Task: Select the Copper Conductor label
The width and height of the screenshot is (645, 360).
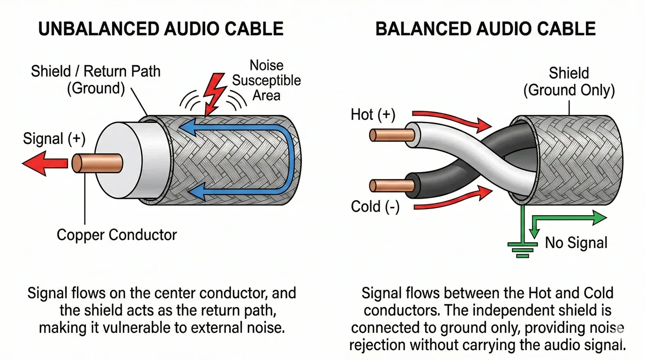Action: click(117, 234)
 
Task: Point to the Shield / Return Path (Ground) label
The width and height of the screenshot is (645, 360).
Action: click(96, 80)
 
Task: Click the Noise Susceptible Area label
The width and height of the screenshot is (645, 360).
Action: click(266, 80)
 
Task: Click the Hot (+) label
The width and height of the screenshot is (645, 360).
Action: click(374, 114)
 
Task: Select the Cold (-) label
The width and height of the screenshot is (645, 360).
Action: click(375, 207)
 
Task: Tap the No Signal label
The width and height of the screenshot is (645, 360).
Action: click(576, 243)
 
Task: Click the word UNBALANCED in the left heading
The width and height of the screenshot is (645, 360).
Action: click(97, 29)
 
